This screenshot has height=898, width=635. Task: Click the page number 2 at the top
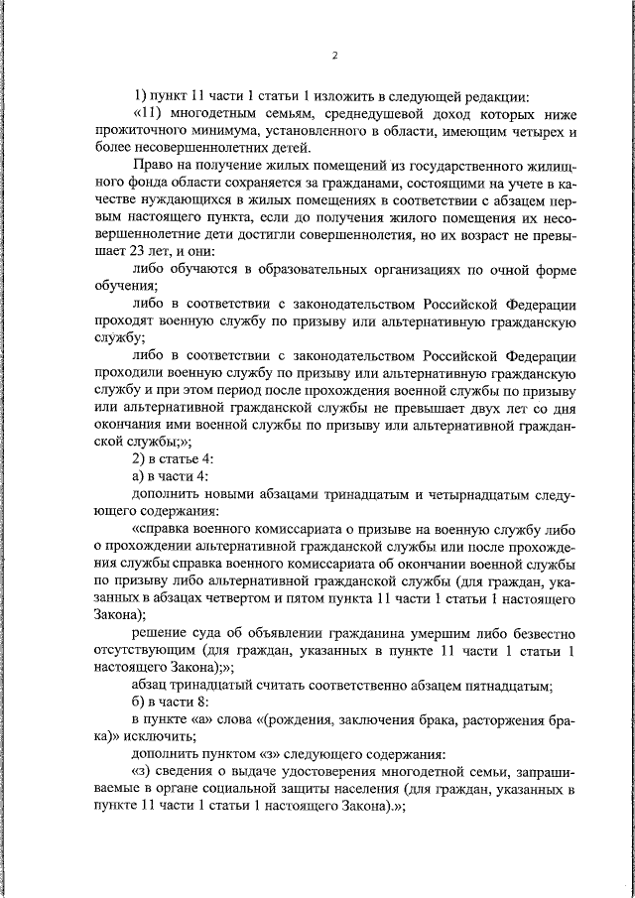point(335,55)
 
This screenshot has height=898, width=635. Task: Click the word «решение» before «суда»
point(159,630)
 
